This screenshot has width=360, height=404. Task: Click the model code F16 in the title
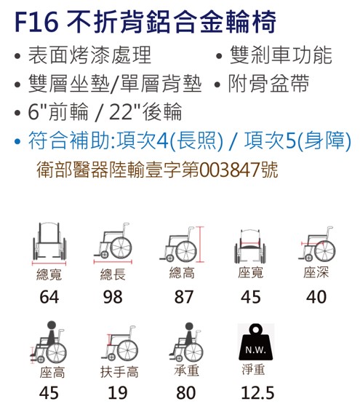coord(36,22)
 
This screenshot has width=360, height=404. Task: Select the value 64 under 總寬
coord(49,297)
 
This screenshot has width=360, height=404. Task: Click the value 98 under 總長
coord(113,297)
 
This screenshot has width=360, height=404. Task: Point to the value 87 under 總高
coord(183,297)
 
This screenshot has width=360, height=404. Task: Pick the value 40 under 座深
coord(316,297)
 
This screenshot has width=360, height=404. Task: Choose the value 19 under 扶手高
coord(118,392)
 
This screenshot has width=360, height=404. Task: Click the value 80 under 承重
coord(186,392)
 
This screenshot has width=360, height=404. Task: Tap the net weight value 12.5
coord(257,392)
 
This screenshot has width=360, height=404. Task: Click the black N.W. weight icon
coord(255,342)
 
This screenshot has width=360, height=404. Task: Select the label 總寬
coord(49,274)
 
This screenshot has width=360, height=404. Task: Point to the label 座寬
coord(251,272)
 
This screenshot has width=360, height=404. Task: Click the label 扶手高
coord(119,372)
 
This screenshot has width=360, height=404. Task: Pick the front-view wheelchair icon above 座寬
coord(250,246)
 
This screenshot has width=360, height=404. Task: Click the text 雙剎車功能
coord(281,55)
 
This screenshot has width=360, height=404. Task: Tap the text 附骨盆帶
coord(268,83)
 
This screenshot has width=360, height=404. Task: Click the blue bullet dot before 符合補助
coord(17,141)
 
